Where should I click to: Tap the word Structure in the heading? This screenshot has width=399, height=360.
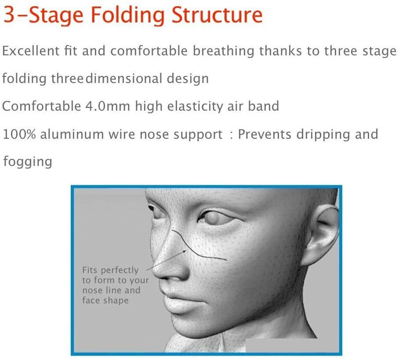(217, 14)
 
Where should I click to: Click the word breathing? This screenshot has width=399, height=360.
(223, 51)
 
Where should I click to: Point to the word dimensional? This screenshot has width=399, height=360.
(123, 78)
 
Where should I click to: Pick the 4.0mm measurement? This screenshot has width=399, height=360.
(107, 106)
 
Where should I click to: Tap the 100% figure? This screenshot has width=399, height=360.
(19, 134)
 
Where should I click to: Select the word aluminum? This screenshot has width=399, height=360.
(72, 134)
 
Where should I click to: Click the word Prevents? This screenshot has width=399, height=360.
(265, 134)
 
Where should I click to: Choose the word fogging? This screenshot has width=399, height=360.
(28, 162)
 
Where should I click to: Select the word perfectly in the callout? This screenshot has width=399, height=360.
(120, 270)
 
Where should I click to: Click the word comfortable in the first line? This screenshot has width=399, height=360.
(149, 50)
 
